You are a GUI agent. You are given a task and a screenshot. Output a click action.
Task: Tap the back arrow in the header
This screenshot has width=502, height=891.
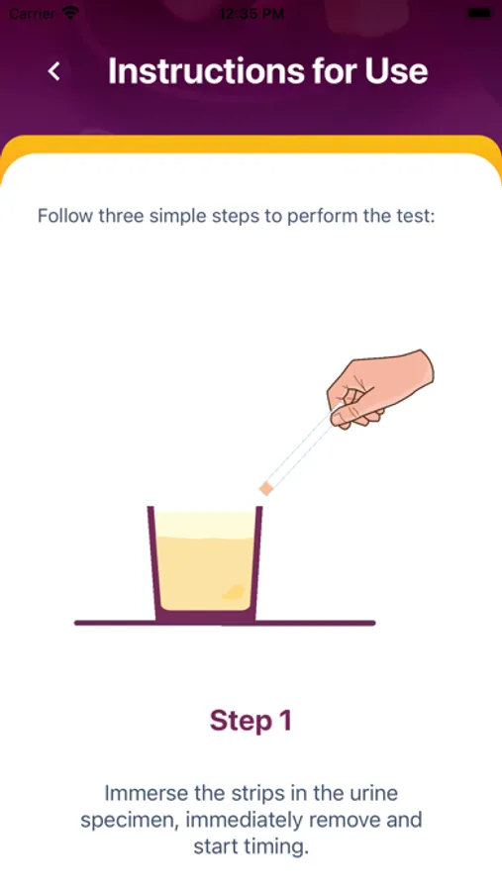(54, 71)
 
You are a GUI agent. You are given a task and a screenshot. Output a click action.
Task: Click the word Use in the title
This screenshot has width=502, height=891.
(397, 71)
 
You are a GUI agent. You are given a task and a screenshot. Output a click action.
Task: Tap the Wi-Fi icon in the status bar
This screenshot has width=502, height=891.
(71, 13)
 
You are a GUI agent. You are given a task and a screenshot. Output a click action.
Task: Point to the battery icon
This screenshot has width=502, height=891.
(480, 13)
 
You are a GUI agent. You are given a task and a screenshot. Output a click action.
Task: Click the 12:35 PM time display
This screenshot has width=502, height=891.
(251, 14)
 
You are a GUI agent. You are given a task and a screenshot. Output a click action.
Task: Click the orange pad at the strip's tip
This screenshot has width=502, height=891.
(265, 488)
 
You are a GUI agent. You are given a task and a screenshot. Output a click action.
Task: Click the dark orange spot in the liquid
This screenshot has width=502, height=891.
(233, 592)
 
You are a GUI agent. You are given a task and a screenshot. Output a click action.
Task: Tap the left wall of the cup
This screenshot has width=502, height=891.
(152, 562)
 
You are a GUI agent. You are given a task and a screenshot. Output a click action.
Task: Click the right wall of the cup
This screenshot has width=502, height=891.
(256, 562)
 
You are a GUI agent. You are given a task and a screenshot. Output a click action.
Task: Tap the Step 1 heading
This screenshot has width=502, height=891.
(251, 721)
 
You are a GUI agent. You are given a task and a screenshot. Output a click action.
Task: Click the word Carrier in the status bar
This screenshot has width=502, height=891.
(33, 14)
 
